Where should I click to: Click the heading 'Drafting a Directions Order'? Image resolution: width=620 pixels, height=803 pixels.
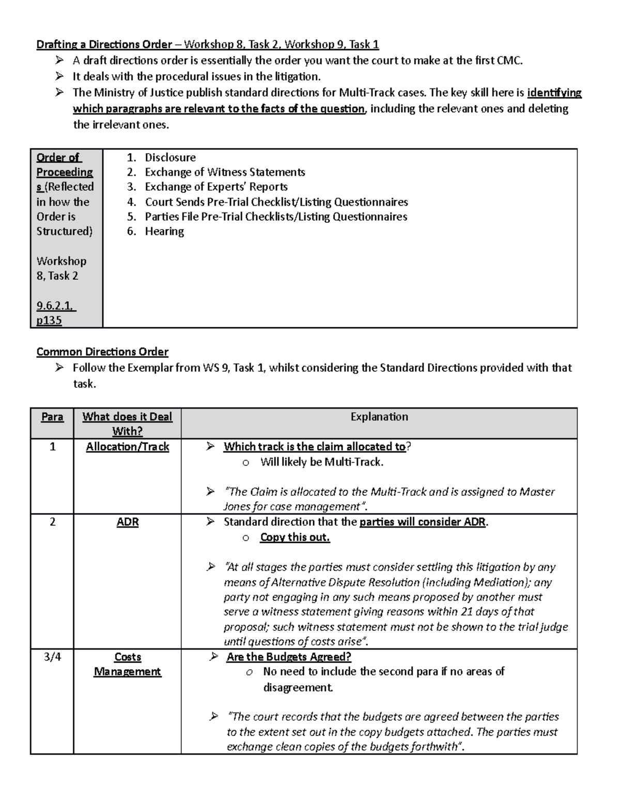click(104, 44)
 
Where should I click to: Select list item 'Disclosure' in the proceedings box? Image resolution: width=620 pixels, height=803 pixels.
click(170, 157)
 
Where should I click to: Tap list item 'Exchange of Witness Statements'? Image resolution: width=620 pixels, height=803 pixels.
click(225, 172)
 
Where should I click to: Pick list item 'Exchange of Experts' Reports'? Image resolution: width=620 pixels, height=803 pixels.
click(216, 187)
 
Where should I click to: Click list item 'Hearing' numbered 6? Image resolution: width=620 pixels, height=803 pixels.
click(164, 231)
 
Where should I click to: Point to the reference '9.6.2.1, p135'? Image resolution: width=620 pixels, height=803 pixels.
click(56, 313)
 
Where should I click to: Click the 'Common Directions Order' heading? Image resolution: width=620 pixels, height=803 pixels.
click(102, 352)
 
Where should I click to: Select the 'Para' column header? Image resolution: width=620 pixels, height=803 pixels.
click(52, 417)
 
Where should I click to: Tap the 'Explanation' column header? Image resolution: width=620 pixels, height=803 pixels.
click(379, 417)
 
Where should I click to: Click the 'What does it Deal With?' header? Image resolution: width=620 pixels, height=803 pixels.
click(127, 423)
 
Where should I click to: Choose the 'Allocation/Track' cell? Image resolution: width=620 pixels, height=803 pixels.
click(127, 447)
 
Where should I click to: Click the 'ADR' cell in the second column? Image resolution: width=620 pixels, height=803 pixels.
click(127, 522)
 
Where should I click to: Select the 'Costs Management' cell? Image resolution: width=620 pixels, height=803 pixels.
click(127, 664)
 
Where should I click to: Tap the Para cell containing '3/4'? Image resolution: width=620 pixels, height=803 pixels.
click(52, 657)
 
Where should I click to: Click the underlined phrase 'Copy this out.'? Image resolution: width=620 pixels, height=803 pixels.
click(295, 537)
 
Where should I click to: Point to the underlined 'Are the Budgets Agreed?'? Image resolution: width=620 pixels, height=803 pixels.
click(288, 657)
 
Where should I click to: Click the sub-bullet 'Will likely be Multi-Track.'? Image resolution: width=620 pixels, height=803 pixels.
click(321, 462)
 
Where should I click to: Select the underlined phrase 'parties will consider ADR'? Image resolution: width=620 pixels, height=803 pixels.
click(422, 522)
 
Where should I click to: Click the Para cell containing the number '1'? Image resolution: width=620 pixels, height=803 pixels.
click(52, 447)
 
